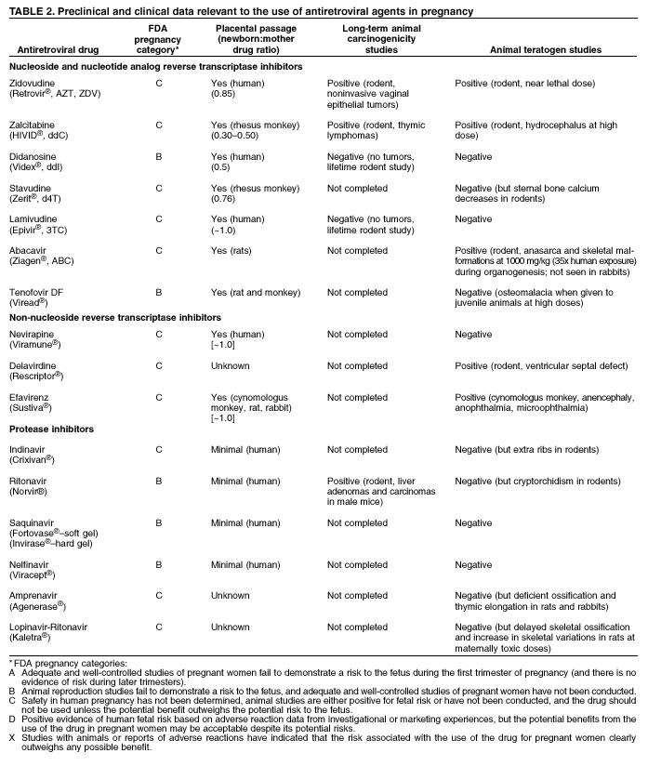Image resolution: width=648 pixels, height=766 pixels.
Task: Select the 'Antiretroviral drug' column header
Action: pyautogui.click(x=54, y=49)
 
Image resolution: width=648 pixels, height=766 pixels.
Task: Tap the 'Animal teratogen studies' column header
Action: pyautogui.click(x=531, y=49)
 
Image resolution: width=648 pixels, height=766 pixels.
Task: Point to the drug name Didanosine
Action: pyautogui.click(x=34, y=157)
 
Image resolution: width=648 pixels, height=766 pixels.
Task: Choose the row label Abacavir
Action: pyautogui.click(x=30, y=250)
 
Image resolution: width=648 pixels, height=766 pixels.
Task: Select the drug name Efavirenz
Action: pyautogui.click(x=32, y=397)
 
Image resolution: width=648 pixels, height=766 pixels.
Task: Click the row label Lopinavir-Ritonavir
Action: pyautogui.click(x=52, y=627)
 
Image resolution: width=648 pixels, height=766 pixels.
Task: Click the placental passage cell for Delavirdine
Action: pyautogui.click(x=231, y=365)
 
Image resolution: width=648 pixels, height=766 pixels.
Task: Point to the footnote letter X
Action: pyautogui.click(x=11, y=737)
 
